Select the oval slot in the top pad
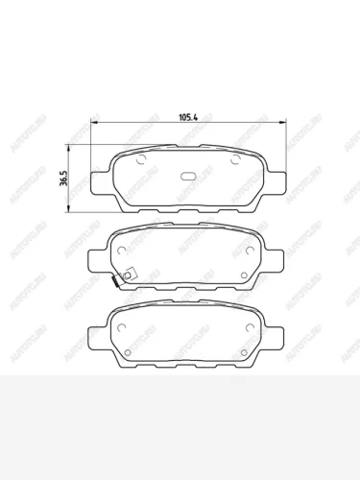click(190, 177)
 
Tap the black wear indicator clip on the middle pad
click(113, 284)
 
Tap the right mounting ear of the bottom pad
click(279, 339)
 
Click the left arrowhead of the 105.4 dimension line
click(93, 122)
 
